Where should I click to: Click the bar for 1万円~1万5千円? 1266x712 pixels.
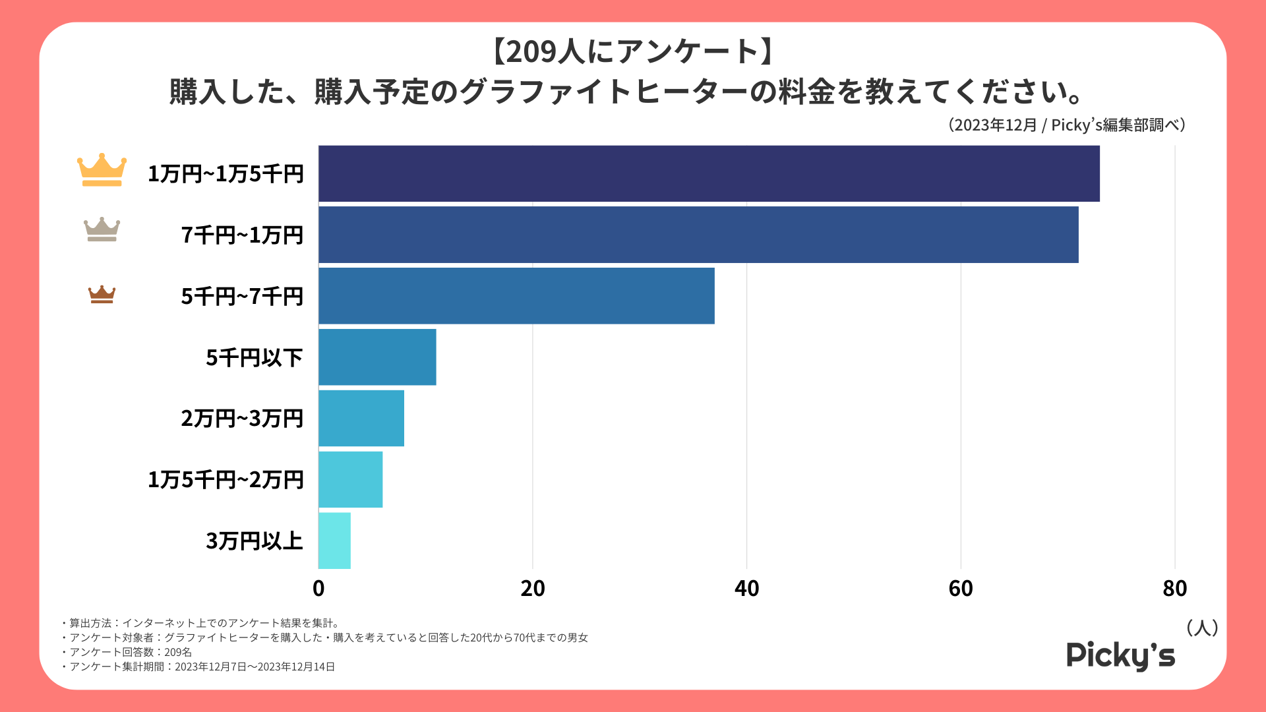(x=709, y=173)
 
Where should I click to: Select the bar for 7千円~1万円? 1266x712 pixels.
(x=698, y=235)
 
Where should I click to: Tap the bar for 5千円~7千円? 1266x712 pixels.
(x=516, y=296)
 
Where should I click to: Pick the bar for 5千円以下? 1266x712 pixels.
(x=377, y=357)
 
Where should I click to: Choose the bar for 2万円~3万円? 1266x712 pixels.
(x=361, y=418)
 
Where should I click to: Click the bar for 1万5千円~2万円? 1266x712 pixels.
(x=350, y=479)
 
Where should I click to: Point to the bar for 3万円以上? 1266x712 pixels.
(x=334, y=541)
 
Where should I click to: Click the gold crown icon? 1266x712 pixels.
(x=102, y=170)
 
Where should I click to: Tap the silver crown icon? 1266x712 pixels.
(x=102, y=229)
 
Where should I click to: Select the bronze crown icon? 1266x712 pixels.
(x=102, y=294)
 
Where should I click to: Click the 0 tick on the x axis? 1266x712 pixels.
(x=318, y=588)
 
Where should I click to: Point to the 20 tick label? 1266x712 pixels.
(x=533, y=588)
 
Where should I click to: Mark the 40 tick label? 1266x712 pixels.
(x=746, y=588)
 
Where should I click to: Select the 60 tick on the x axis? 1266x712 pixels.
(x=961, y=588)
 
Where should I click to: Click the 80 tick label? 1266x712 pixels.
(x=1175, y=588)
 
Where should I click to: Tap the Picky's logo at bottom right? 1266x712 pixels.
(x=1120, y=655)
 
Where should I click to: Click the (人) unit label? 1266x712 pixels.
(x=1201, y=628)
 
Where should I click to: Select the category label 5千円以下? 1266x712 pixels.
(x=254, y=357)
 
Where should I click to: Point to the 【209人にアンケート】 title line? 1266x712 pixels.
(x=632, y=51)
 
